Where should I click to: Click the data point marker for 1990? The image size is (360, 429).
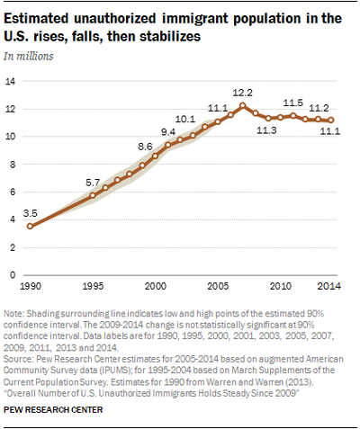[30, 226]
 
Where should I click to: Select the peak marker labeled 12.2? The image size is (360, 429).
[243, 105]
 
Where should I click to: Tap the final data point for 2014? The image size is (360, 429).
[331, 120]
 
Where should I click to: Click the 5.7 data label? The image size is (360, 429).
[93, 183]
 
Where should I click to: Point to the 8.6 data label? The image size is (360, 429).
[145, 147]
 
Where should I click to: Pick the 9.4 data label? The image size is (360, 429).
[168, 132]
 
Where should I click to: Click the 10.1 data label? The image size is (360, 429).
[185, 119]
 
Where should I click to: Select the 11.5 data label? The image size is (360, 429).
[293, 103]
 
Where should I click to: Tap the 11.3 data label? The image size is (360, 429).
[266, 130]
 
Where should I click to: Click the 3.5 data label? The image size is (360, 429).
[30, 213]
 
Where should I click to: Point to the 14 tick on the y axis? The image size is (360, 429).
[11, 81]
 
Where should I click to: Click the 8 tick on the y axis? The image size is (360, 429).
[13, 165]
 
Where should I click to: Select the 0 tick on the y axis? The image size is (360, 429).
[13, 275]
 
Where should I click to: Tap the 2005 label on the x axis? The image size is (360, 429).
[218, 286]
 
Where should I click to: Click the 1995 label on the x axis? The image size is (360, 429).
[93, 286]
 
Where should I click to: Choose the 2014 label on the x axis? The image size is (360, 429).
[329, 286]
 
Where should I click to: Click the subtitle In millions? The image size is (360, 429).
[29, 56]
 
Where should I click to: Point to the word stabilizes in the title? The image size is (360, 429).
[169, 36]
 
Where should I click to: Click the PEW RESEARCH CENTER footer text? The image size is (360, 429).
[53, 409]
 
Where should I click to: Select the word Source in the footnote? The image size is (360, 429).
[17, 359]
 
